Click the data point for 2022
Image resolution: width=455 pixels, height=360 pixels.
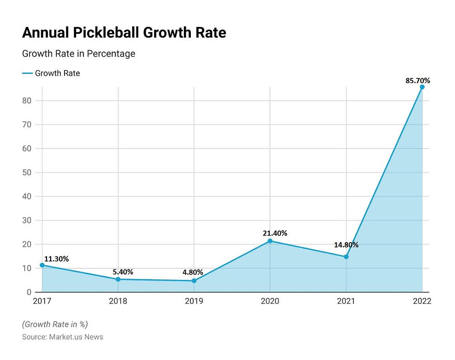pos(422,87)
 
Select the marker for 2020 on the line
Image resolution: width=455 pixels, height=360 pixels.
pos(270,241)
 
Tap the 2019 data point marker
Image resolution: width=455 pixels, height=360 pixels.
pos(194,281)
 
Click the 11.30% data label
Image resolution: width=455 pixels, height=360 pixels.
pos(57,259)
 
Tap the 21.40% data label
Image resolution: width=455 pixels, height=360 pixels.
pos(275,233)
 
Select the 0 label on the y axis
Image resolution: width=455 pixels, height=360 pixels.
pos(29,292)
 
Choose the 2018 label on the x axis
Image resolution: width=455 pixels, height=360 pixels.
pos(118,301)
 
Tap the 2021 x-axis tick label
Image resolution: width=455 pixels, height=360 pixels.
pos(345,301)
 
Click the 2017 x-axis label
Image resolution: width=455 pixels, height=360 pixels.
pos(42,301)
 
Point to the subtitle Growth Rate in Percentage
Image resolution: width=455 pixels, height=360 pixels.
pos(78,54)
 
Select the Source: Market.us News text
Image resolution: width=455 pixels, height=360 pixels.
pos(63,337)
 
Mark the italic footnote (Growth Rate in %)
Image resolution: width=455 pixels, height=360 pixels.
pos(55,324)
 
